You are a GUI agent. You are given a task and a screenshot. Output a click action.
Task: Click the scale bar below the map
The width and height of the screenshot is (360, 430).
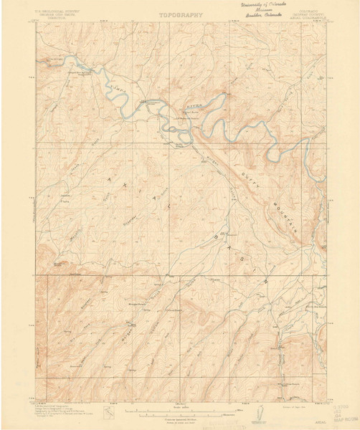tap(180, 411)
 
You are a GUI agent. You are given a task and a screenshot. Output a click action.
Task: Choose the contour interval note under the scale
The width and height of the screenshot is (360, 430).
tap(179, 420)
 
